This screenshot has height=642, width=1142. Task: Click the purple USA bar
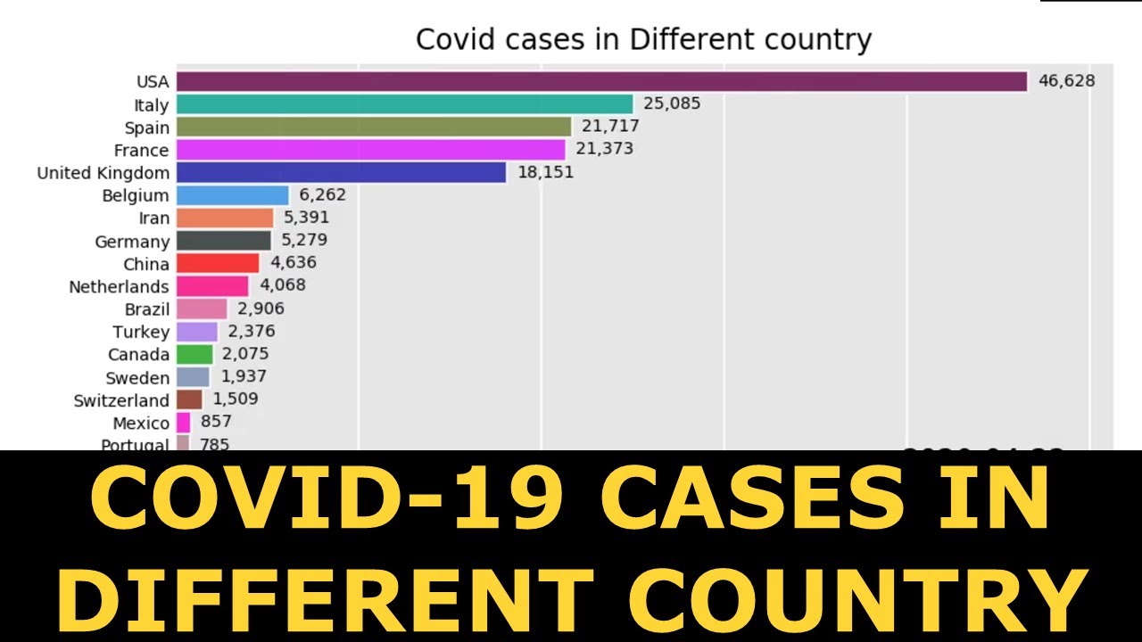click(602, 81)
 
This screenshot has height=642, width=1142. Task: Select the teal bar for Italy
click(404, 104)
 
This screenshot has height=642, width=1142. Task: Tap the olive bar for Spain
click(374, 127)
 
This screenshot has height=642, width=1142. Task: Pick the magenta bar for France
click(371, 149)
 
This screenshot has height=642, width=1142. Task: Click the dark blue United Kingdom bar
click(341, 172)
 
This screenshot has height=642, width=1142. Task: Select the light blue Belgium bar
click(233, 195)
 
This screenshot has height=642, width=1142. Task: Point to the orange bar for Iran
click(225, 218)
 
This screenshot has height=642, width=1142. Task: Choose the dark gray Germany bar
click(224, 241)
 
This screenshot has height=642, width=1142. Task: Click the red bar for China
click(218, 263)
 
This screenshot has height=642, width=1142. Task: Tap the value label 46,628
click(1066, 81)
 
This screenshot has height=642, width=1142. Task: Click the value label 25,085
click(672, 104)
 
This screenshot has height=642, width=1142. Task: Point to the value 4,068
click(282, 286)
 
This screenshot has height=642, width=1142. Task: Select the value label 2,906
click(261, 309)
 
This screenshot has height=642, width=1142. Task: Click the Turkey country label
click(141, 332)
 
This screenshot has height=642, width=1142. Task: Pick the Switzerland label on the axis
click(121, 400)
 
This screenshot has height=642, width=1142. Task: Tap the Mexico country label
click(141, 423)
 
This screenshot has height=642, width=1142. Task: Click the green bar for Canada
click(194, 354)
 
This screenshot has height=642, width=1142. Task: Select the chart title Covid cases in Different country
click(643, 39)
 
